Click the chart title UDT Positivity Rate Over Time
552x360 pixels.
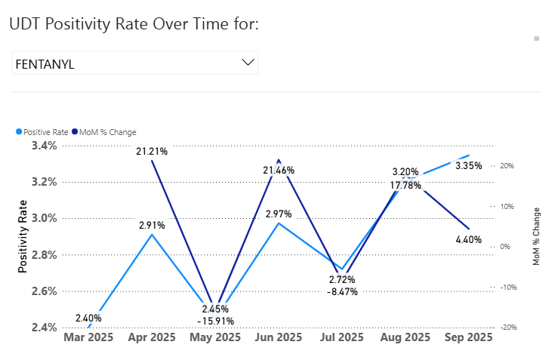(134, 24)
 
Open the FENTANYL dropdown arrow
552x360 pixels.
(247, 63)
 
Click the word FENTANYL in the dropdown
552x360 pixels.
(45, 64)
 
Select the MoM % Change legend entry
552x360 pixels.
(103, 132)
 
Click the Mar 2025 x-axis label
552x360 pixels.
(88, 337)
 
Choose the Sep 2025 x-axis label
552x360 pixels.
(468, 337)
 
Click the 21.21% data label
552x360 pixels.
(152, 152)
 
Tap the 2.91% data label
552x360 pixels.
(152, 225)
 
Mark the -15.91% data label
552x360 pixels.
(215, 321)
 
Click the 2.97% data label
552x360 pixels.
(279, 214)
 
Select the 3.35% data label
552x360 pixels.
(468, 165)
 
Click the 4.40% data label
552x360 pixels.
(468, 240)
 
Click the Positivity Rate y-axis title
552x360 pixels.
(23, 236)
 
